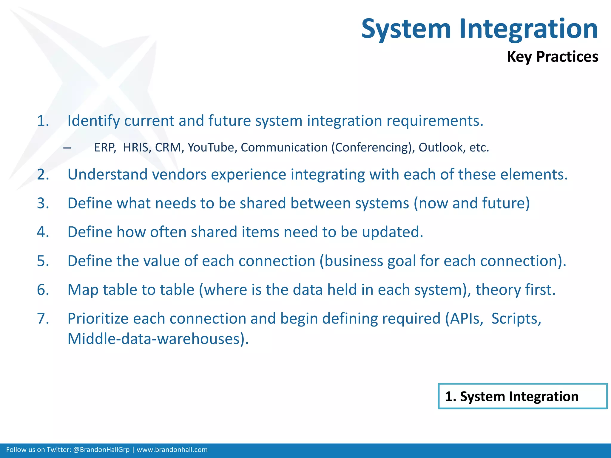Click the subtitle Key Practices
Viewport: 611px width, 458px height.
553,57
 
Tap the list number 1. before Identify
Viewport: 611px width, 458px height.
43,121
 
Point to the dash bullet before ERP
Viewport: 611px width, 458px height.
67,148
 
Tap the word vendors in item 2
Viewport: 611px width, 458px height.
179,174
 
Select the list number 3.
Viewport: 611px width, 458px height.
43,203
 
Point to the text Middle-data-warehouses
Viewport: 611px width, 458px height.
158,339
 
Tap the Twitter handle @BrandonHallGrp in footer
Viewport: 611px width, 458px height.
101,450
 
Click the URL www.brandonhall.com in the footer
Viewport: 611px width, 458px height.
172,450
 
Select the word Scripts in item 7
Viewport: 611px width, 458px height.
516,319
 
